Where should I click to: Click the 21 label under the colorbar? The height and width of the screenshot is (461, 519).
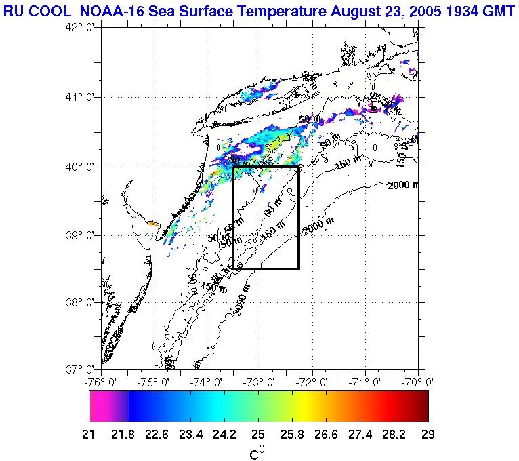click(x=94, y=435)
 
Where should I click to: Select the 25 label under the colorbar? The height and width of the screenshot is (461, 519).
click(x=258, y=435)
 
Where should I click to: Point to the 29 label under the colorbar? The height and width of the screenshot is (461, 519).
click(x=427, y=435)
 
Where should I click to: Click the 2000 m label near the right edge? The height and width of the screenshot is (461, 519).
click(x=404, y=185)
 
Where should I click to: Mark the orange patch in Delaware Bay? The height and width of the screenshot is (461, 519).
click(x=152, y=223)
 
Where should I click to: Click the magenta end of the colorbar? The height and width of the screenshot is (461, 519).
click(x=98, y=407)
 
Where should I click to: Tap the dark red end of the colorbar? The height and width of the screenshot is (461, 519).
click(x=423, y=407)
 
